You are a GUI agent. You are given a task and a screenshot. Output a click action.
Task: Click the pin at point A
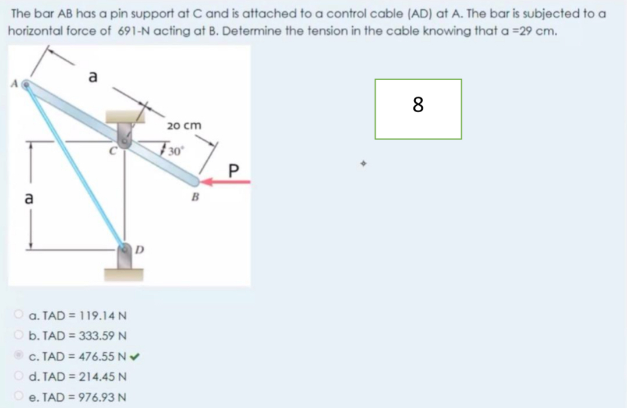[26, 85]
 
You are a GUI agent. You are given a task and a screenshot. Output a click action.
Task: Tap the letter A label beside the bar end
[15, 84]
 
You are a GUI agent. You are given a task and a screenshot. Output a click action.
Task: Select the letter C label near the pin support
[113, 151]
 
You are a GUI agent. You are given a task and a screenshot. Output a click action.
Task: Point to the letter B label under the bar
[195, 197]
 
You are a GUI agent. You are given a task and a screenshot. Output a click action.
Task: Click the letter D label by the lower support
[139, 250]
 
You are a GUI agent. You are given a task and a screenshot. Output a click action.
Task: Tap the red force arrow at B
[225, 182]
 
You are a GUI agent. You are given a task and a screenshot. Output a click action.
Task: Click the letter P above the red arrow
[233, 170]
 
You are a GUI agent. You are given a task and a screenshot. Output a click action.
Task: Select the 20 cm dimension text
[184, 126]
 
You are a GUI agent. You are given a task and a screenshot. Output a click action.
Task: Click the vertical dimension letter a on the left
[29, 198]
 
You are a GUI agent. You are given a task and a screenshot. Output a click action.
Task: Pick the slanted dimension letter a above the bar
[93, 76]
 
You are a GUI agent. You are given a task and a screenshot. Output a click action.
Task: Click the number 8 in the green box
[418, 105]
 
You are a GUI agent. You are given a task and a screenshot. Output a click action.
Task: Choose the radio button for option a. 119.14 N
[19, 314]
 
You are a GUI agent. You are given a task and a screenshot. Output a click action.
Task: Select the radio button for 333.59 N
[19, 335]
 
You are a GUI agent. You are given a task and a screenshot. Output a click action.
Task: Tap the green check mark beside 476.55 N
[134, 356]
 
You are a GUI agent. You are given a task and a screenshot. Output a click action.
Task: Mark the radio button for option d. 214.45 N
[19, 375]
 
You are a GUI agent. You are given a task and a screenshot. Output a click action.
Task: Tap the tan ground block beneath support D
[123, 275]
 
